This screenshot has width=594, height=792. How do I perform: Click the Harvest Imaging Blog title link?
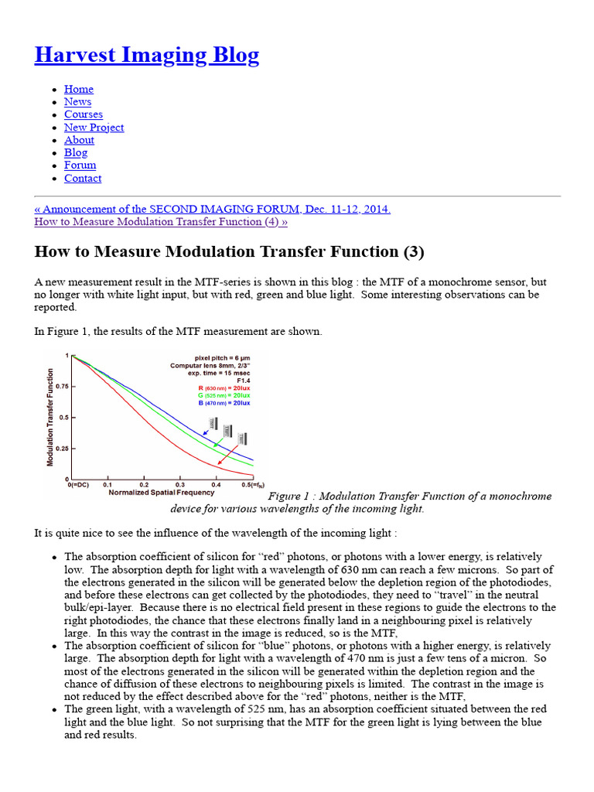coord(147,55)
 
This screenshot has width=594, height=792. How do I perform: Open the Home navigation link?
coord(78,89)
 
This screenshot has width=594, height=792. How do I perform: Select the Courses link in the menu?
coord(83,114)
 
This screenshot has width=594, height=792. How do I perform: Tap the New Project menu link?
coord(94,128)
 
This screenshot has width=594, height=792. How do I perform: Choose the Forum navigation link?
coord(80,165)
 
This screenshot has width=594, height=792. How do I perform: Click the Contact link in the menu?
coord(82,178)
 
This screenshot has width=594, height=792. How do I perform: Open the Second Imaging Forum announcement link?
coord(213,209)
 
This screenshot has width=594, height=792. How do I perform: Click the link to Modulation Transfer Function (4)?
coord(161,222)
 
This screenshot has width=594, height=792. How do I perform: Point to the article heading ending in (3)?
coord(229,252)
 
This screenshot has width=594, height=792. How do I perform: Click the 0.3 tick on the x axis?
coord(180,484)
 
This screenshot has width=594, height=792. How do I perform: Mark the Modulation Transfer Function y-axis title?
coord(50,416)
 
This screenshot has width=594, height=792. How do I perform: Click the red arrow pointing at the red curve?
coord(229,456)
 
